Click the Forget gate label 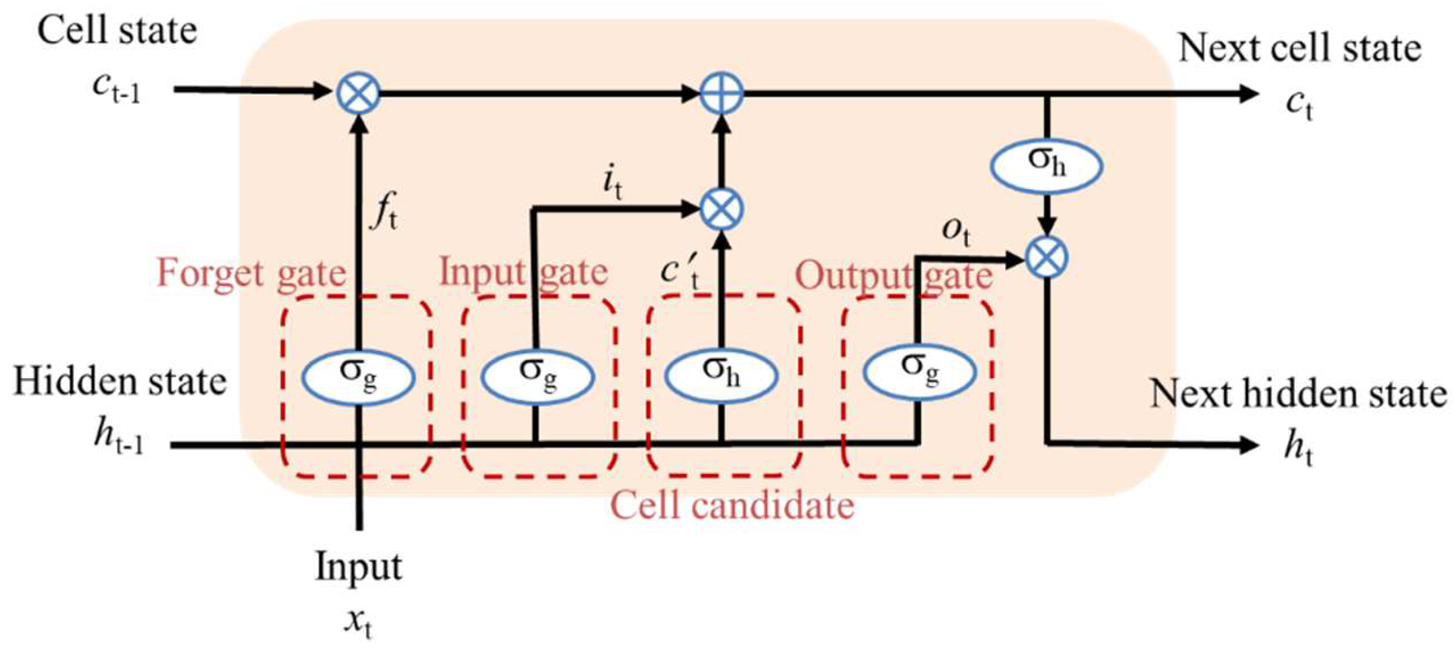pos(251,274)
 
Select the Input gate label pos(523,271)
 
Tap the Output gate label pos(893,276)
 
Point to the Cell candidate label pos(732,505)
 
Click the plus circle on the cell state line pos(721,93)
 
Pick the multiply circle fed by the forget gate pos(359,93)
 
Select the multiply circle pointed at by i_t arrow pos(721,209)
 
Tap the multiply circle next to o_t pos(1047,258)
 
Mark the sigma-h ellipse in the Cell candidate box pos(721,374)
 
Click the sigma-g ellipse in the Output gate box pos(919,371)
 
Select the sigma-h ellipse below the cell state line pos(1047,165)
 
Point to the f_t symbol pos(385,211)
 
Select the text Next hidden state pos(1299,394)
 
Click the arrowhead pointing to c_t pos(1249,93)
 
